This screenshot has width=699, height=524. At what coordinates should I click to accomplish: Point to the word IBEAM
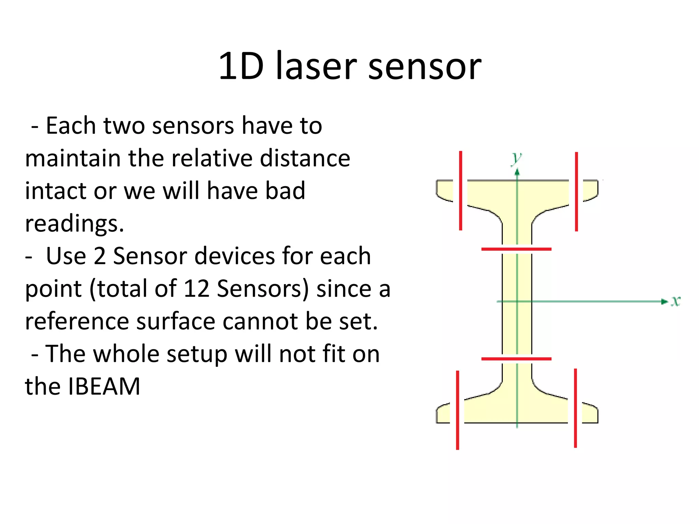104,387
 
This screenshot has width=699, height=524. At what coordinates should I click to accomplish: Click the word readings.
74,224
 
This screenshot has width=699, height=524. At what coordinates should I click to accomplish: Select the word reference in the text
77,321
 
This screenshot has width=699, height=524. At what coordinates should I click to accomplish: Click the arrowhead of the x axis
664,301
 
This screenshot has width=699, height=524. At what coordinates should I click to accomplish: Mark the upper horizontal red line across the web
516,249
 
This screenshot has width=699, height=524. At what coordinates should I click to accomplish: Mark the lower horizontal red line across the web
516,359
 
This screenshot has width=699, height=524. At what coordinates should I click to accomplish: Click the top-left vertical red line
460,191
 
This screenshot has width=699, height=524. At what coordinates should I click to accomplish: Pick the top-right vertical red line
576,192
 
